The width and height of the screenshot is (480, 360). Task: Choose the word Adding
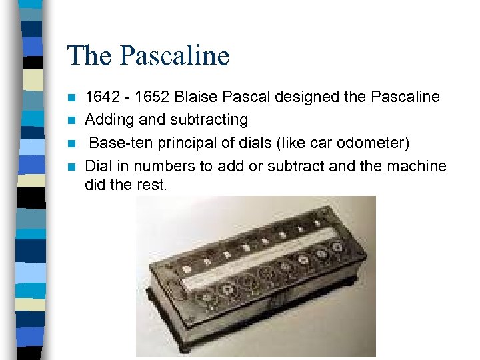point(108,120)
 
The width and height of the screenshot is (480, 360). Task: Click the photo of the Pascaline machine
point(256,277)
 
